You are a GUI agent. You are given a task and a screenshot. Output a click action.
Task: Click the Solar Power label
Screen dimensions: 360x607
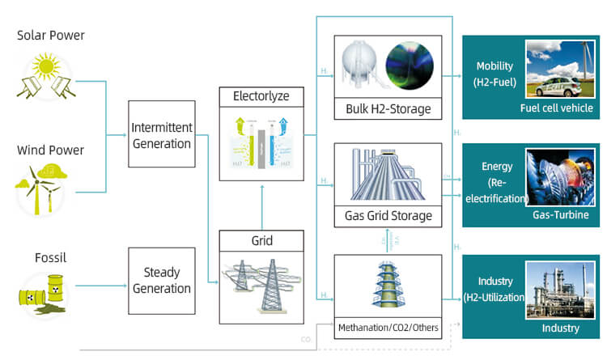pyautogui.click(x=50, y=36)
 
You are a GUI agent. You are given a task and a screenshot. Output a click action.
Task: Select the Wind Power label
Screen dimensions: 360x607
pyautogui.click(x=49, y=150)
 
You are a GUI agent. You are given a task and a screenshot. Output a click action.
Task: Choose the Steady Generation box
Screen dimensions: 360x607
pyautogui.click(x=162, y=281)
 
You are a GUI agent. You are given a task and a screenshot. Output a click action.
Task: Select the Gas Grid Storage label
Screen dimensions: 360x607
pyautogui.click(x=388, y=216)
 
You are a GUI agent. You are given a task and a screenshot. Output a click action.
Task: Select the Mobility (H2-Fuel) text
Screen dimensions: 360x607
pyautogui.click(x=495, y=74)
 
